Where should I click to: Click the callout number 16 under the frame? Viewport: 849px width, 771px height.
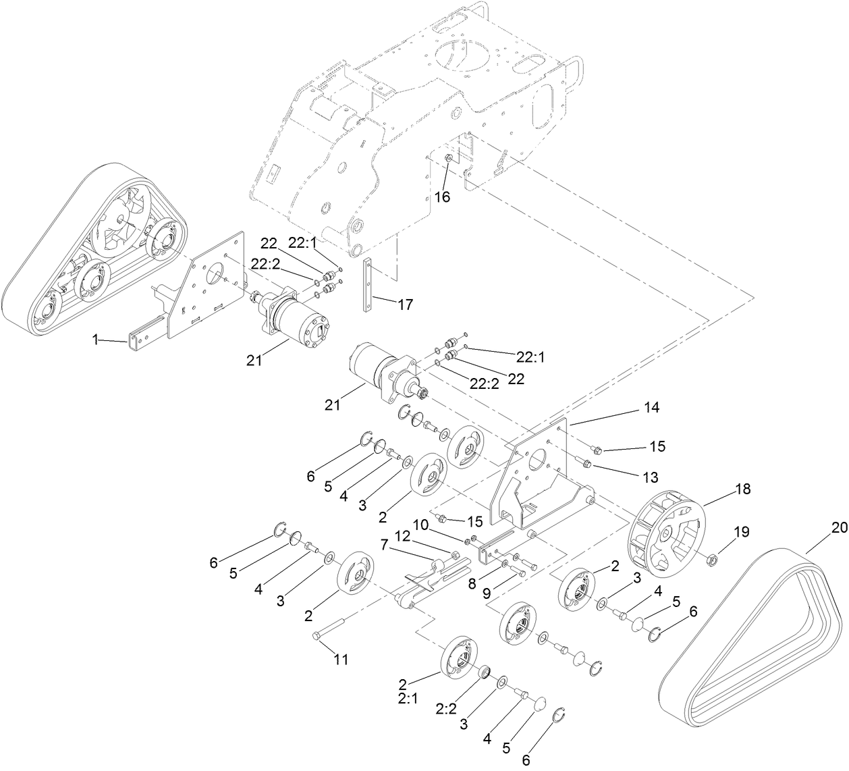(x=441, y=197)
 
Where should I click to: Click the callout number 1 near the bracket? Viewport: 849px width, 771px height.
(x=96, y=340)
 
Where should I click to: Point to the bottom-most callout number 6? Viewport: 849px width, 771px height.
(x=526, y=760)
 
